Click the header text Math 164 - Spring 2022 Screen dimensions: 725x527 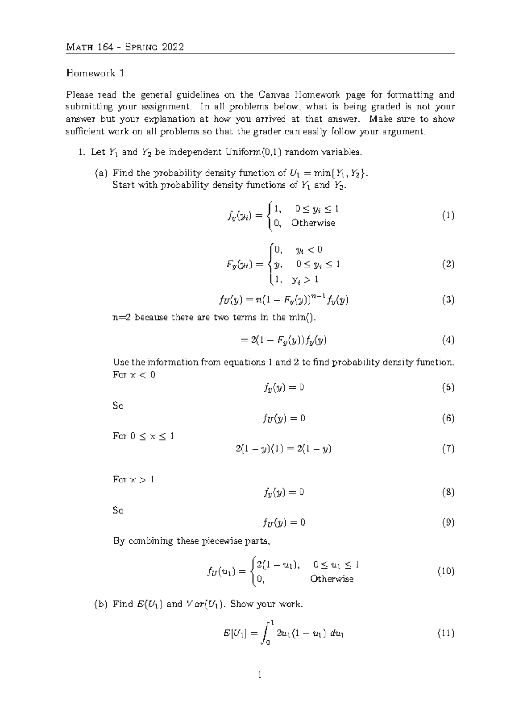point(125,47)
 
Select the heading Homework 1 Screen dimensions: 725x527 point(95,73)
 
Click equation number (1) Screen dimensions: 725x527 point(448,215)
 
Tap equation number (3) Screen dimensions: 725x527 point(448,300)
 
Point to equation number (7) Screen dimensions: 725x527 point(448,449)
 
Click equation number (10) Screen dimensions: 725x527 point(445,571)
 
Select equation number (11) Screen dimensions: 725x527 point(445,633)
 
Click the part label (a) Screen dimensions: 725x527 point(101,173)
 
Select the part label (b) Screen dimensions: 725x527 point(101,604)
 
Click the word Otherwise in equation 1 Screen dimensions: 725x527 point(313,223)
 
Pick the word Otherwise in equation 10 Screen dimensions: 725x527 point(332,579)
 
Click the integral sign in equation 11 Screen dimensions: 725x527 point(265,634)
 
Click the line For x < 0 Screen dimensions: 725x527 point(134,375)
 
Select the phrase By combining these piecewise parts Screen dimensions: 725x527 point(191,541)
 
